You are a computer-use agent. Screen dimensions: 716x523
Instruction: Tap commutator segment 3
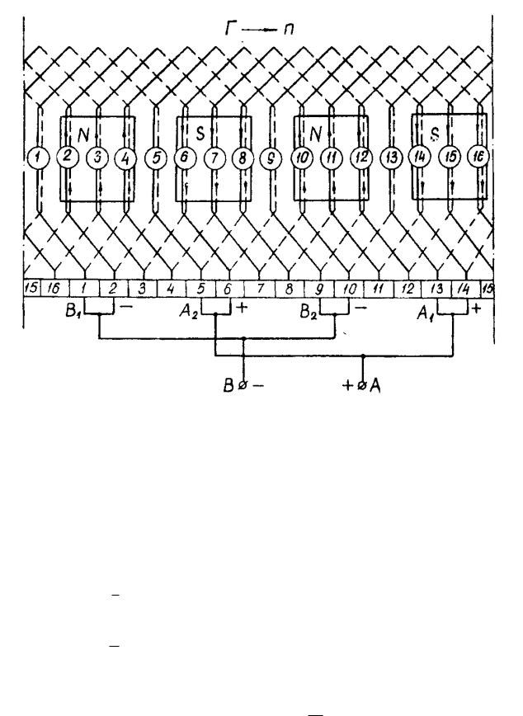[142, 290]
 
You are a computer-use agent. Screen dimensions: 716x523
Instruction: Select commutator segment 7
[261, 290]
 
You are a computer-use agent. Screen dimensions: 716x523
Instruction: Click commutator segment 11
[379, 290]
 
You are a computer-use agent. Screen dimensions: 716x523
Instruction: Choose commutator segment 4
[172, 290]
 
